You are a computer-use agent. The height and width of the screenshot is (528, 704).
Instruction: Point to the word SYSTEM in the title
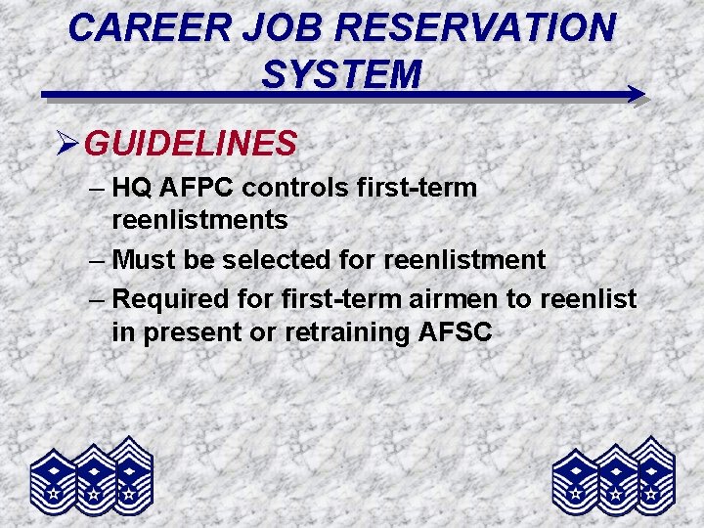coord(342,73)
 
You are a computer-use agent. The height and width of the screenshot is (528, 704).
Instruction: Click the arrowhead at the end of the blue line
coord(636,95)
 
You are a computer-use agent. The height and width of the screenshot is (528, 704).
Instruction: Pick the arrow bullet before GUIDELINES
coord(67,145)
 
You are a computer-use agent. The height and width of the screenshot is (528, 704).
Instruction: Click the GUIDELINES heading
coord(191,145)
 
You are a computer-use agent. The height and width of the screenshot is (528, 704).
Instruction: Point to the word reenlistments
coord(199,220)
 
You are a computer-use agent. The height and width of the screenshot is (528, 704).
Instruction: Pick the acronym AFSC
coord(457,332)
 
